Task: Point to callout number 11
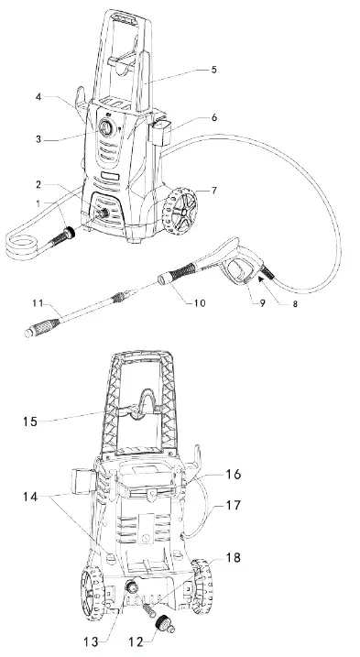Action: [x=36, y=301]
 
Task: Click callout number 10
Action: [x=198, y=303]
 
